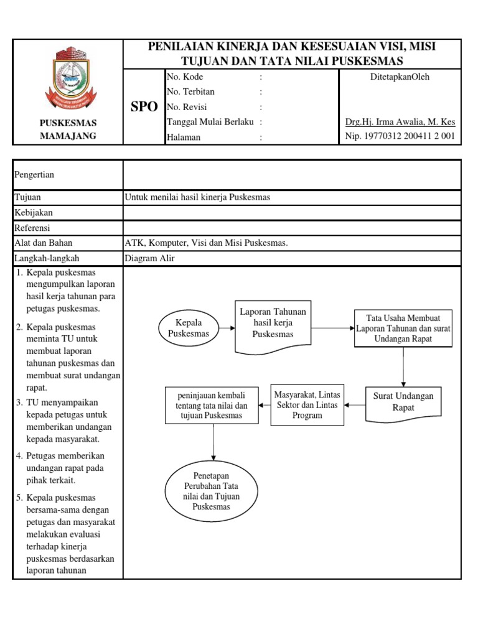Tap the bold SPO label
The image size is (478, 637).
coord(144,106)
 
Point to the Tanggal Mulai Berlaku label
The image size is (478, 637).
coord(210,122)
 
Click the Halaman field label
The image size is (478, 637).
coord(184,137)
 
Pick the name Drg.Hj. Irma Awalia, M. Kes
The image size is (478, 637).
coord(400,122)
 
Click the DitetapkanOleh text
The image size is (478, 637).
coord(400,77)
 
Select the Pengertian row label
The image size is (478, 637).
coord(34,175)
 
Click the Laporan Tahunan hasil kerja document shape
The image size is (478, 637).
coord(273,323)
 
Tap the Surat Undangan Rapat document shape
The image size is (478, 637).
coord(403,401)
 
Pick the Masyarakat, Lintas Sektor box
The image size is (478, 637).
coord(307,405)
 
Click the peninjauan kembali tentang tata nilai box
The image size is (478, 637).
coord(212,406)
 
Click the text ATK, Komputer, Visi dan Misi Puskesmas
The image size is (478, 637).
coord(206,243)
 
